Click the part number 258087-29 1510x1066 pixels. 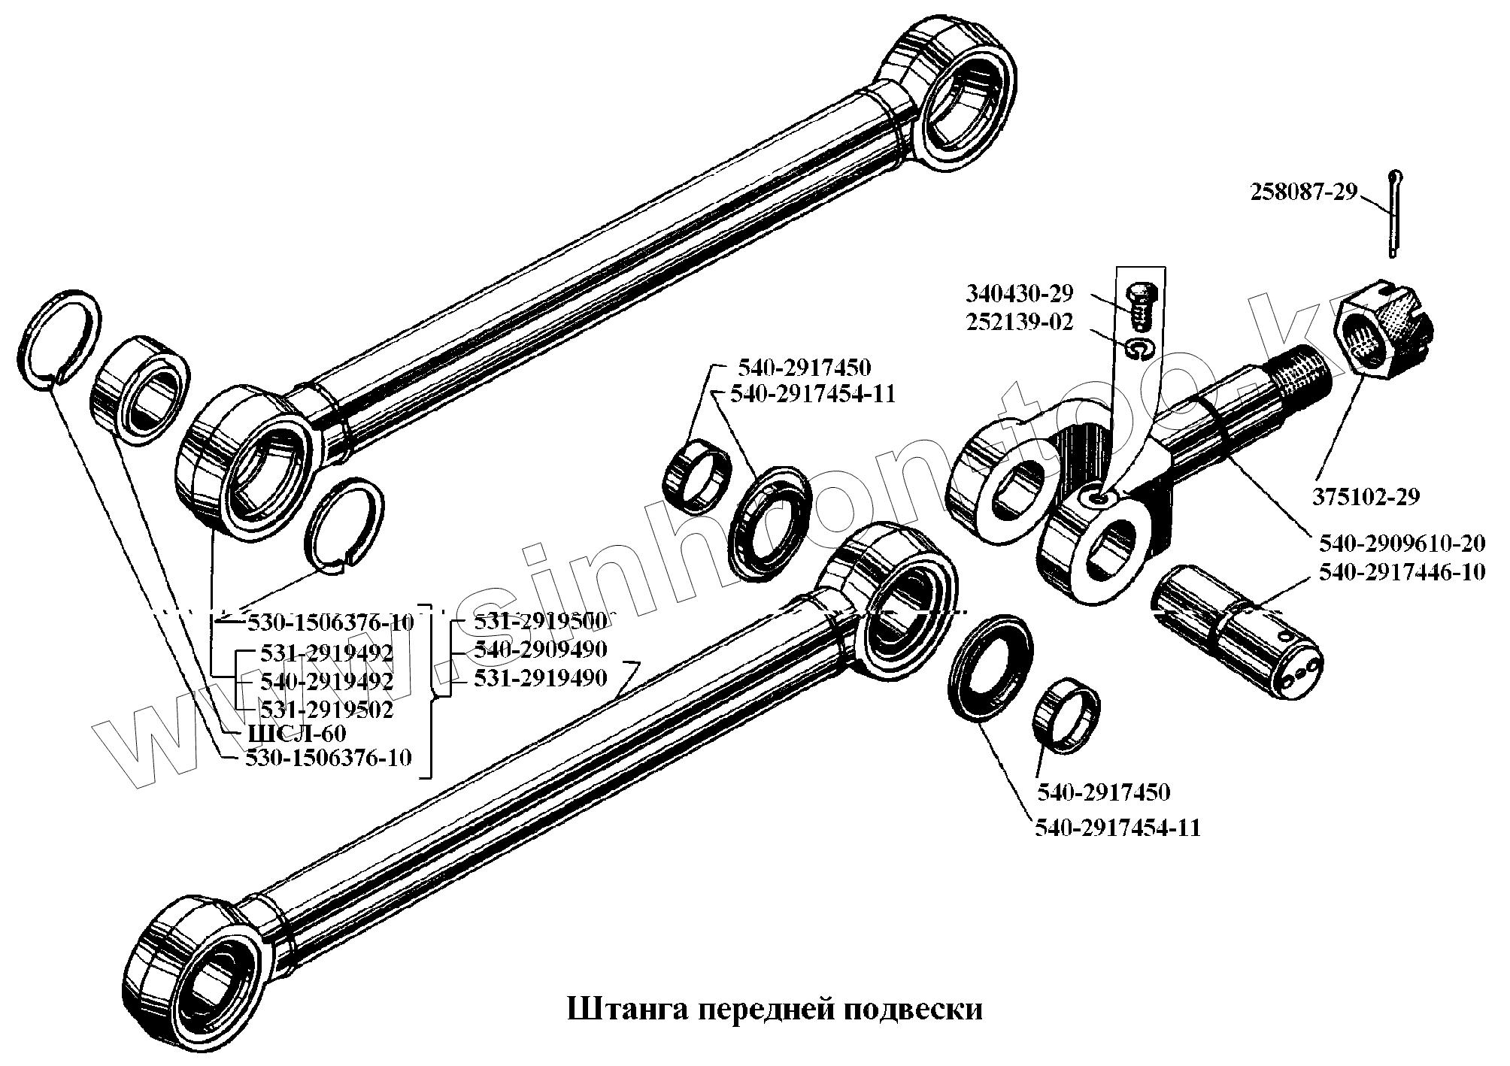tap(1304, 193)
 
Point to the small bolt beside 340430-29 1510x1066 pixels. tap(1142, 306)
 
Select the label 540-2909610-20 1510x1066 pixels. tap(1401, 542)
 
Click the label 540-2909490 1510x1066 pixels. tap(540, 650)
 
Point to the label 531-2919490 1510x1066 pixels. tap(540, 679)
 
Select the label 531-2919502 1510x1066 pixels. tap(326, 708)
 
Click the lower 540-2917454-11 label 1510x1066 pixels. tap(1117, 828)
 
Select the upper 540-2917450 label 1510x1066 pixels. tap(804, 368)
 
